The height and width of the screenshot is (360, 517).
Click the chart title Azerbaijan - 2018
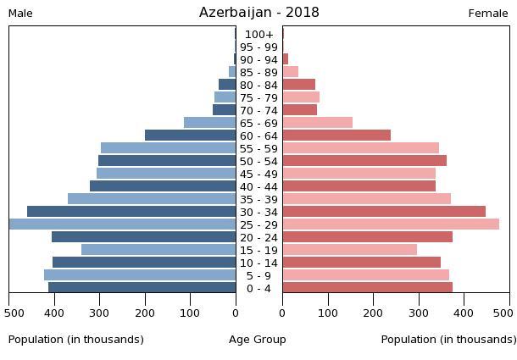tap(258, 13)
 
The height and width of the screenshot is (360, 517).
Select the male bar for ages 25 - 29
tap(123, 224)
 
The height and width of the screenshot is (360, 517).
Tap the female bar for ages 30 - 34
tap(384, 212)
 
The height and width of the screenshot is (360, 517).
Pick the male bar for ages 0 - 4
tap(142, 288)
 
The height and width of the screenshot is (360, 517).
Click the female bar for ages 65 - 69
tap(318, 123)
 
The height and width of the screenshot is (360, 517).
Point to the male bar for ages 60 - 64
tap(191, 136)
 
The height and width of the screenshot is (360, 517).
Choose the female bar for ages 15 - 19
tap(350, 250)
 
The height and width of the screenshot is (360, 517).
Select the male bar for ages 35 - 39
tap(152, 199)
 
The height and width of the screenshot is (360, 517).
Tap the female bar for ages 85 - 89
tap(291, 72)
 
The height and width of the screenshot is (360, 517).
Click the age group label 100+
tap(258, 35)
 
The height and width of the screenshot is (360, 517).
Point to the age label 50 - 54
tap(258, 162)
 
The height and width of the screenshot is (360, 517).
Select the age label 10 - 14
tap(258, 263)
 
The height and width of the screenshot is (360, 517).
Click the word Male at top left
tap(20, 14)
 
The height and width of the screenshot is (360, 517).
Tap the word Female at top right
tap(488, 14)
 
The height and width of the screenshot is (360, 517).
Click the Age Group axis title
tap(258, 340)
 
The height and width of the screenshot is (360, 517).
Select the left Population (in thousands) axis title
tap(76, 340)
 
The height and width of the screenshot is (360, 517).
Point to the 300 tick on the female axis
tap(419, 313)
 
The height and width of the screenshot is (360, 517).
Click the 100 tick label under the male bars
tap(191, 313)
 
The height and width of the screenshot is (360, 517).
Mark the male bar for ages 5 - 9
tap(140, 275)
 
